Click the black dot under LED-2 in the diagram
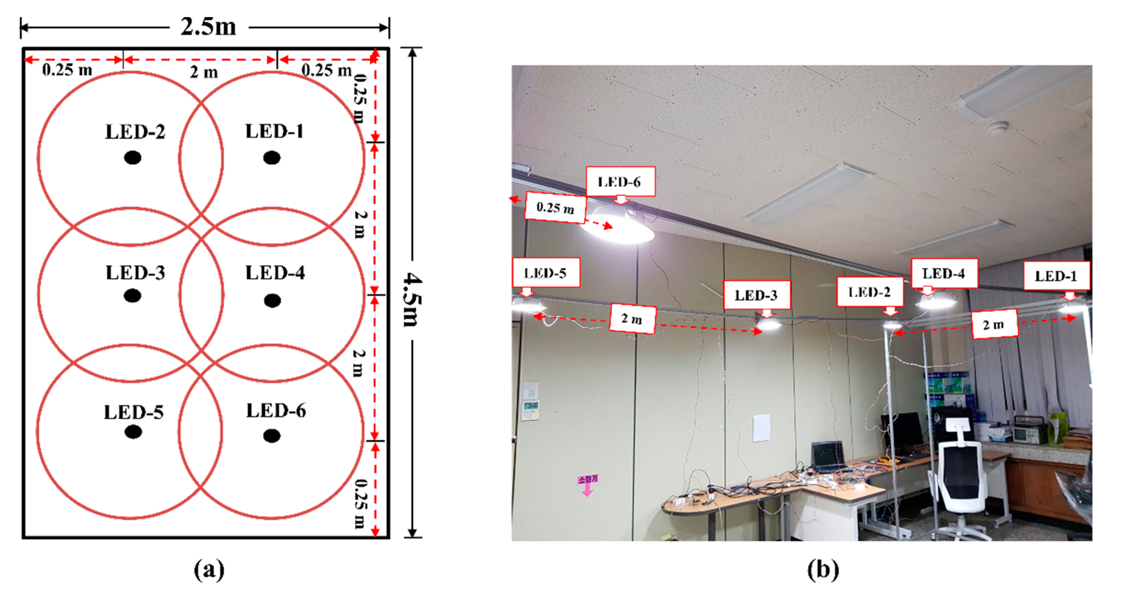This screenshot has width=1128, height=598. tap(132, 158)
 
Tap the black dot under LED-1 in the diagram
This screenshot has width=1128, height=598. tap(272, 158)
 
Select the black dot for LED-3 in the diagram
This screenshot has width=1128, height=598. tap(132, 295)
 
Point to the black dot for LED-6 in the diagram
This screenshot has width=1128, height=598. tap(272, 436)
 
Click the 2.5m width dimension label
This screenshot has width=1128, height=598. tap(209, 27)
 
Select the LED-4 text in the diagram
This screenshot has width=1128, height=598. tap(275, 273)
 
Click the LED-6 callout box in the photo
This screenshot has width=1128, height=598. tap(620, 181)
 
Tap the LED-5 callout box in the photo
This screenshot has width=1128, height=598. tap(546, 273)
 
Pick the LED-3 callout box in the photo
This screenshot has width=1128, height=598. tap(756, 295)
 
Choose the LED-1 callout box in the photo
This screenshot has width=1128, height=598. tap(1056, 276)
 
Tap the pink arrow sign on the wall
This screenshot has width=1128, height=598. tap(587, 485)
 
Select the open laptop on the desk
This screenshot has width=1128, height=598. tap(828, 457)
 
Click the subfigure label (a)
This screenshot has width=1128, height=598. tap(209, 570)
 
